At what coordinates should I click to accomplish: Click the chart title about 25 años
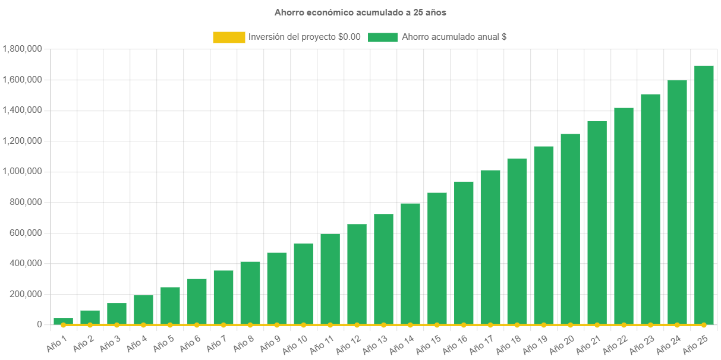[x=360, y=12]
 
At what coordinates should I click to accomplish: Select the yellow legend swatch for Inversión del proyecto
[x=229, y=37]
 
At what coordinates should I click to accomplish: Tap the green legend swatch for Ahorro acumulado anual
[x=383, y=37]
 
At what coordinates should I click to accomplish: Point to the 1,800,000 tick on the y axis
[x=22, y=49]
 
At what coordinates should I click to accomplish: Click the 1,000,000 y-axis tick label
[x=22, y=171]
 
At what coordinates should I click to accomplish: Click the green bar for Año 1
[x=64, y=321]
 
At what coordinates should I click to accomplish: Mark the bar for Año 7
[x=223, y=297]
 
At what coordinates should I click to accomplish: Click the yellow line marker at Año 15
[x=437, y=325]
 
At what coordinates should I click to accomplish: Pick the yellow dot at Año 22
[x=624, y=325]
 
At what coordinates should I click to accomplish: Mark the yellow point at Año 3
[x=117, y=325]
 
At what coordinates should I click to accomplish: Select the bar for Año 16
[x=464, y=253]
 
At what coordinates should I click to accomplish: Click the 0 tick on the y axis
[x=39, y=324]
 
